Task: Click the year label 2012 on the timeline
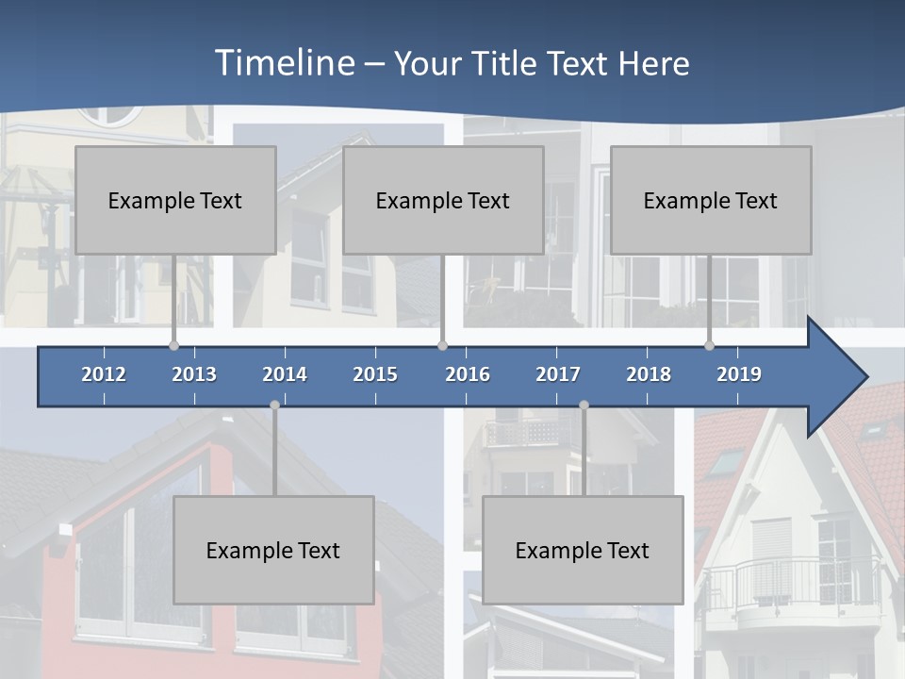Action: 104,374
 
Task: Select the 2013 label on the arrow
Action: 194,374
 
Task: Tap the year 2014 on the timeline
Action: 285,374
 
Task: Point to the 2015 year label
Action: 375,374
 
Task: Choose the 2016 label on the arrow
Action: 468,374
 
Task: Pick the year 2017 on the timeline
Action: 558,374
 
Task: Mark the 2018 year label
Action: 649,374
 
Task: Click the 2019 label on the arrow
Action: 739,374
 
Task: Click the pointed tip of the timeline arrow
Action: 864,377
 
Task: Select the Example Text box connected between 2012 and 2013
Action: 175,200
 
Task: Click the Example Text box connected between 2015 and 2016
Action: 443,200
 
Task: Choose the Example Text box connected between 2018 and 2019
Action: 711,200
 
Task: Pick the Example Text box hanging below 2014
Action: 273,550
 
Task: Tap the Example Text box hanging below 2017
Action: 583,550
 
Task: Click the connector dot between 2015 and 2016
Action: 443,345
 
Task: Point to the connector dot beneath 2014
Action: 274,405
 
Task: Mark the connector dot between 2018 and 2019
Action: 710,345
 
